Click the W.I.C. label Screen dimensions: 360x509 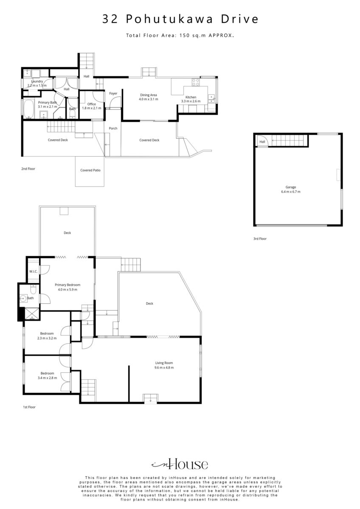[x=33, y=271]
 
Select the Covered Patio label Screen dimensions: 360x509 [x=90, y=170]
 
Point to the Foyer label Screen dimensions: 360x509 [x=113, y=93]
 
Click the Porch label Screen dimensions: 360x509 [x=113, y=129]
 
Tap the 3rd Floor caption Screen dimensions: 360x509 [x=260, y=239]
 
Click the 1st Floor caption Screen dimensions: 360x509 [x=29, y=407]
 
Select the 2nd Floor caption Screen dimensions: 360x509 [x=28, y=169]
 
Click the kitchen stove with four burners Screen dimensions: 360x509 [x=196, y=82]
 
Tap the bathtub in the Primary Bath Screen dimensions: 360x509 [x=28, y=109]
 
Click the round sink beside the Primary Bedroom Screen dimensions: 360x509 [x=23, y=298]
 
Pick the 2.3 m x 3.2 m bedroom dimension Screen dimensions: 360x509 [x=47, y=338]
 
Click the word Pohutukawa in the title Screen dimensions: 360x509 [x=170, y=19]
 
